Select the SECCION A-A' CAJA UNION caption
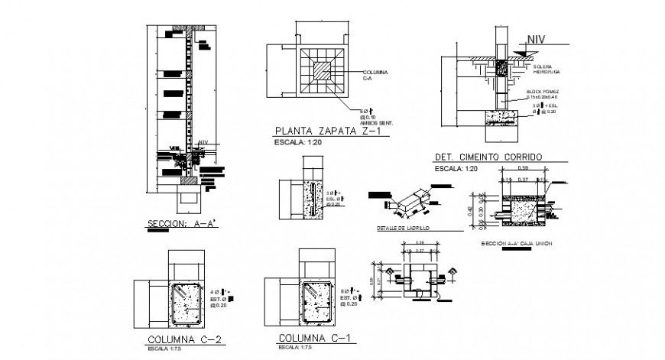point(517,243)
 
